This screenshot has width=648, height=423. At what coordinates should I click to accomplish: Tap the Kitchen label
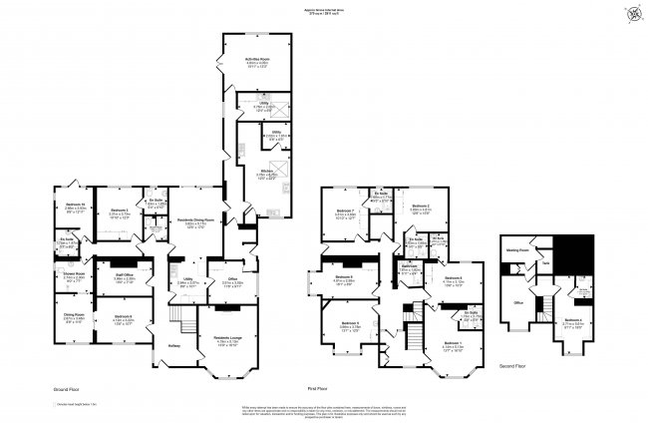click(x=266, y=172)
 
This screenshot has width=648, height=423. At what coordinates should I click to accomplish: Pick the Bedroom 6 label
click(x=122, y=318)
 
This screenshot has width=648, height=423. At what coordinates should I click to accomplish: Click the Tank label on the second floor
click(x=545, y=262)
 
